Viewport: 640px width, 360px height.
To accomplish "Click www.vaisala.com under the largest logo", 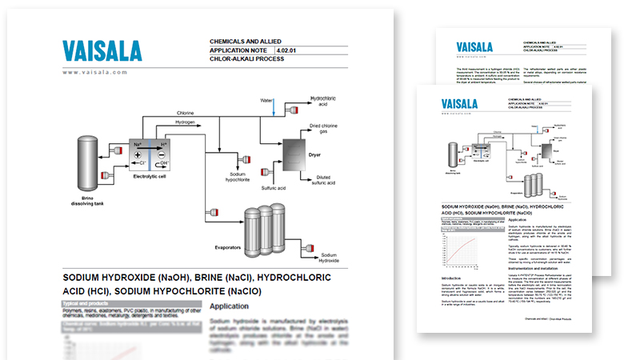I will [95, 72].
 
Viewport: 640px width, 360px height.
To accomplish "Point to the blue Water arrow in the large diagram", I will [274, 106].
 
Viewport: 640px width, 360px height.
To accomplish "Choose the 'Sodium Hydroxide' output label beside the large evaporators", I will [330, 257].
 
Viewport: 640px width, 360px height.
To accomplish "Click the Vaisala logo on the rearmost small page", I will [474, 46].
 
